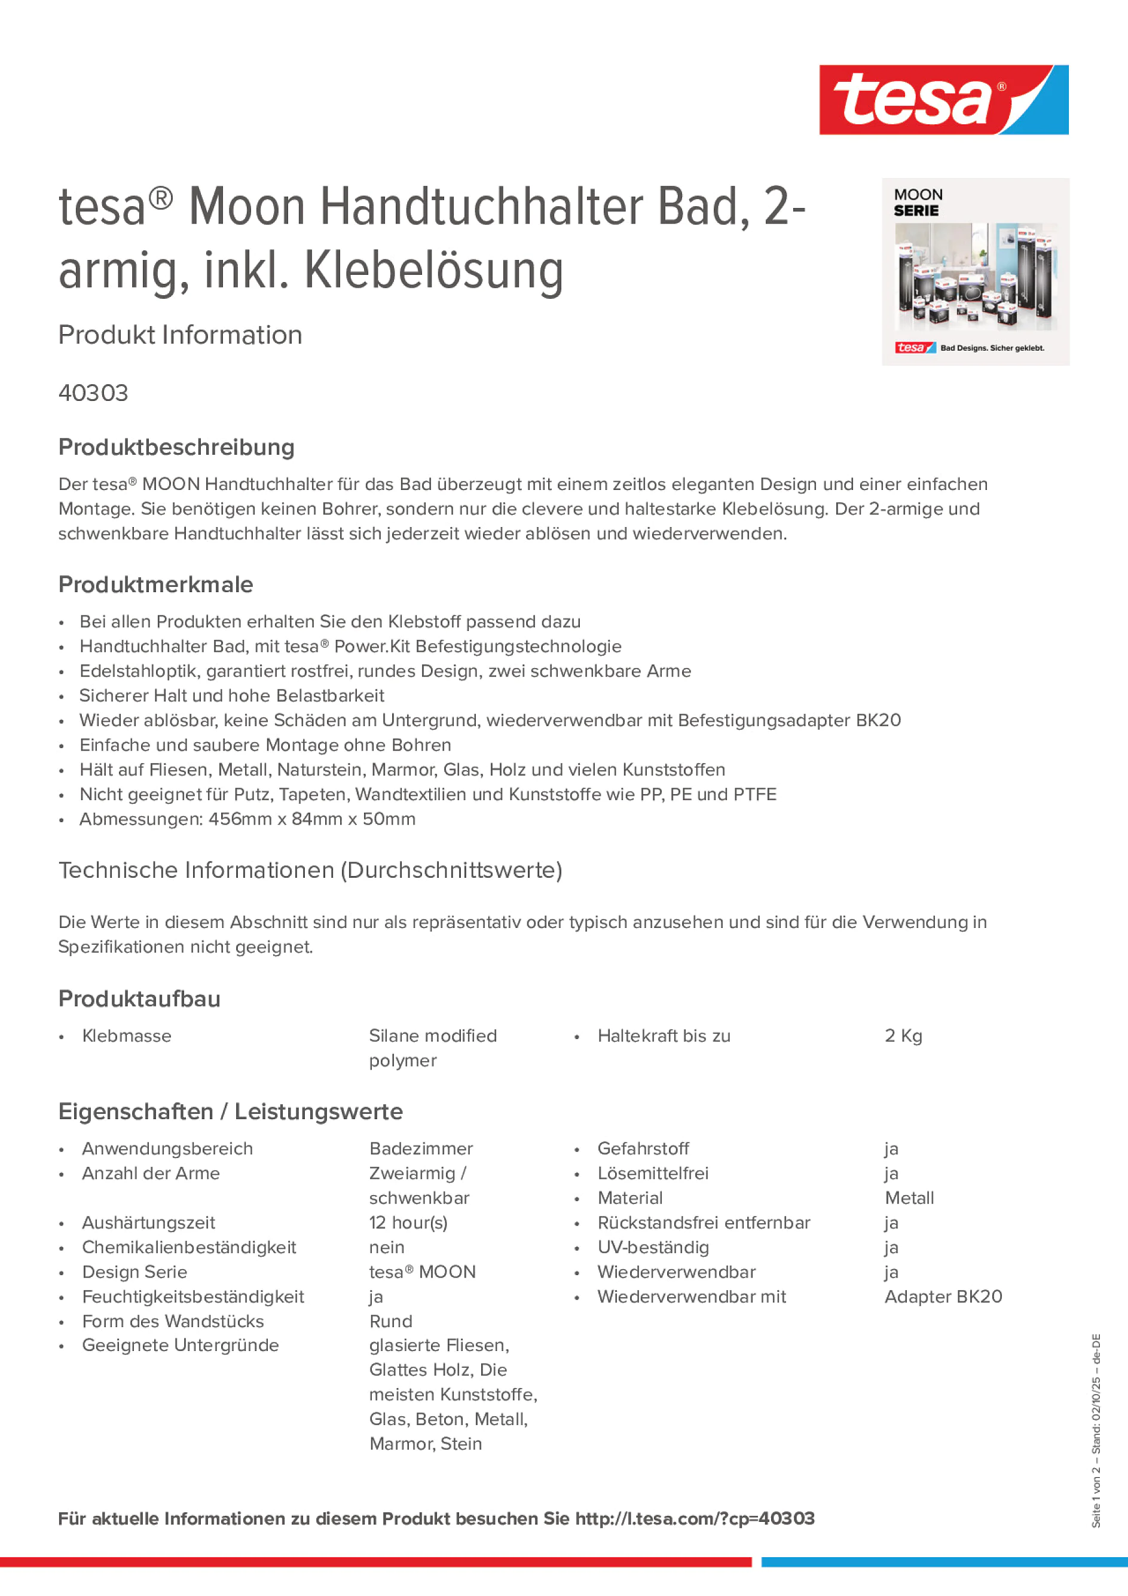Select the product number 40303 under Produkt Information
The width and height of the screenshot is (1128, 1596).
point(93,393)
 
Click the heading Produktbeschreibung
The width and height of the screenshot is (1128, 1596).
point(176,448)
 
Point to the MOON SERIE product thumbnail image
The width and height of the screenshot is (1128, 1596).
point(975,272)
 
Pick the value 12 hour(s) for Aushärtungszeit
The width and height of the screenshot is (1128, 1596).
point(408,1223)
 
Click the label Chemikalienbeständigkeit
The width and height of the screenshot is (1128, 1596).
point(188,1247)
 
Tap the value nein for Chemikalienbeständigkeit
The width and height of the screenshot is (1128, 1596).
point(387,1247)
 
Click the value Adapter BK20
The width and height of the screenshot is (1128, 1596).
point(943,1297)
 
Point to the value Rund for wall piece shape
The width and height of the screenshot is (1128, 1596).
point(390,1321)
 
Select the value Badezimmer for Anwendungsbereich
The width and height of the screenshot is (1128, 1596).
point(421,1148)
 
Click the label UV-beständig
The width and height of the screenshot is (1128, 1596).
point(653,1247)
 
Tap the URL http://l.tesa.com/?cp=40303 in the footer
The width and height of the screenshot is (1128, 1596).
point(694,1519)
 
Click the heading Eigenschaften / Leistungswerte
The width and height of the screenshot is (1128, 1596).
point(230,1111)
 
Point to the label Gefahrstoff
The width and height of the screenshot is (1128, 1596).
point(643,1148)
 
